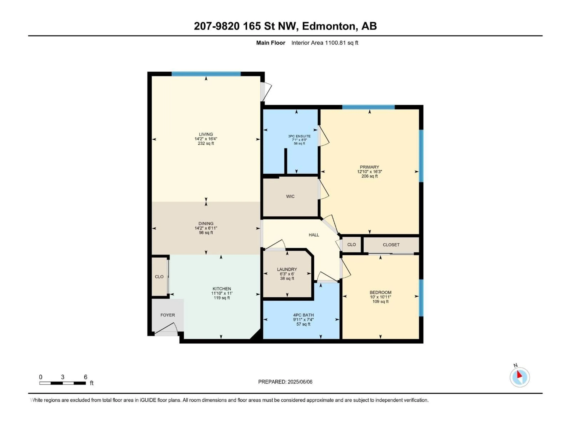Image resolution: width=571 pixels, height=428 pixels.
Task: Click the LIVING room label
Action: point(206,134)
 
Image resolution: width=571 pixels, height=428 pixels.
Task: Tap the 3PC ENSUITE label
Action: point(299,136)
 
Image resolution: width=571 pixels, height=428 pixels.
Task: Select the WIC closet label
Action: point(290,196)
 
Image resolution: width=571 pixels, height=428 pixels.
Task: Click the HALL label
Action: point(314,235)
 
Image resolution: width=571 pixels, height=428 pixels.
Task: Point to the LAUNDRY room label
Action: point(287,269)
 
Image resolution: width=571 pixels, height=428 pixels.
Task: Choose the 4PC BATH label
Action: point(303,315)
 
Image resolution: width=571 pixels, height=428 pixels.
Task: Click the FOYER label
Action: point(168,315)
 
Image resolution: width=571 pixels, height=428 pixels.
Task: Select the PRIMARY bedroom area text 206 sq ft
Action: point(369,176)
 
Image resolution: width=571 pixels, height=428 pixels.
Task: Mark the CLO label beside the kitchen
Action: point(159,277)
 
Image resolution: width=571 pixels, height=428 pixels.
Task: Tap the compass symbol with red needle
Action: point(520,377)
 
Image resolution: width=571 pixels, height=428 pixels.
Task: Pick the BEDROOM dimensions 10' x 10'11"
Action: point(380,297)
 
